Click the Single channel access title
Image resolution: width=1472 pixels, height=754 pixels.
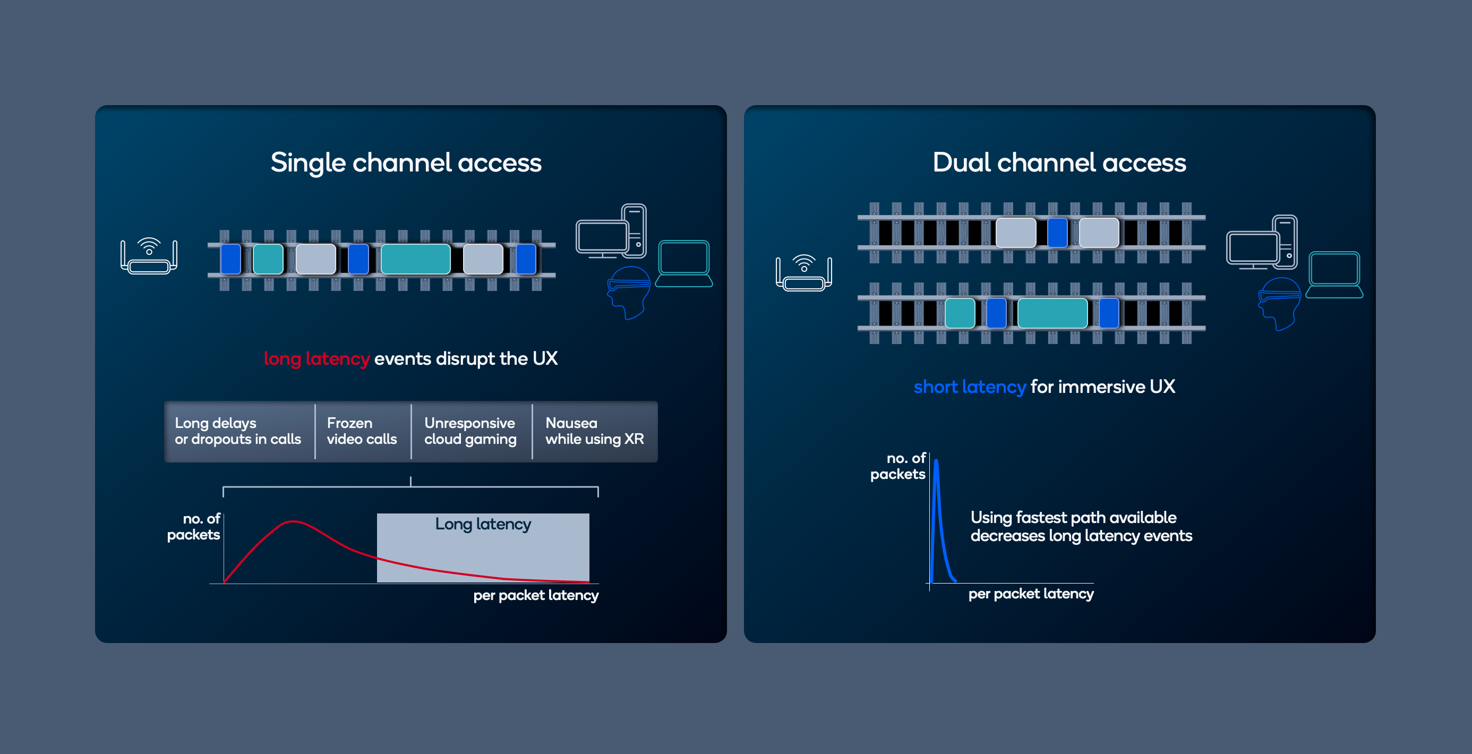point(406,163)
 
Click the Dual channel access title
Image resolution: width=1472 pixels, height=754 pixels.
point(1059,163)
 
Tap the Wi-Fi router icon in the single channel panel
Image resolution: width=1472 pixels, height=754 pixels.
point(149,256)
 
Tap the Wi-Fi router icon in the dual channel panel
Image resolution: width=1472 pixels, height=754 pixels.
point(803,273)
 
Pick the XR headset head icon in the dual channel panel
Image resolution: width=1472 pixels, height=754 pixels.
point(1279,303)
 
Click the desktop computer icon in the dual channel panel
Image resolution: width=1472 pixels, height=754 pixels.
point(1261,243)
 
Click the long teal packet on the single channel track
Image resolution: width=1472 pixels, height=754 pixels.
point(415,259)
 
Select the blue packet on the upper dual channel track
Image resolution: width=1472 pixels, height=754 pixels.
point(1057,233)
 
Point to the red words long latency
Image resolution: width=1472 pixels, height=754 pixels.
point(316,359)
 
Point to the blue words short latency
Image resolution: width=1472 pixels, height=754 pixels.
point(969,387)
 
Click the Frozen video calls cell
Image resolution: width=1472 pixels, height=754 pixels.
point(362,431)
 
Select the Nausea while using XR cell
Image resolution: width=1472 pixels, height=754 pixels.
point(594,431)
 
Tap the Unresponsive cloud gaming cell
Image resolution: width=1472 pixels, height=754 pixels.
point(470,431)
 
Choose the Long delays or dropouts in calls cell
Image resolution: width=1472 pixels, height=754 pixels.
point(238,431)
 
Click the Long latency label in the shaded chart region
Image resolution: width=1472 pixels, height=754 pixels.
point(483,524)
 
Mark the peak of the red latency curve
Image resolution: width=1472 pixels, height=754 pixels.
point(293,521)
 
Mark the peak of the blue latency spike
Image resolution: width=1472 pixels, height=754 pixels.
point(936,460)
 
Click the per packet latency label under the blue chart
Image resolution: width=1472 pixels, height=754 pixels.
point(1031,594)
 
